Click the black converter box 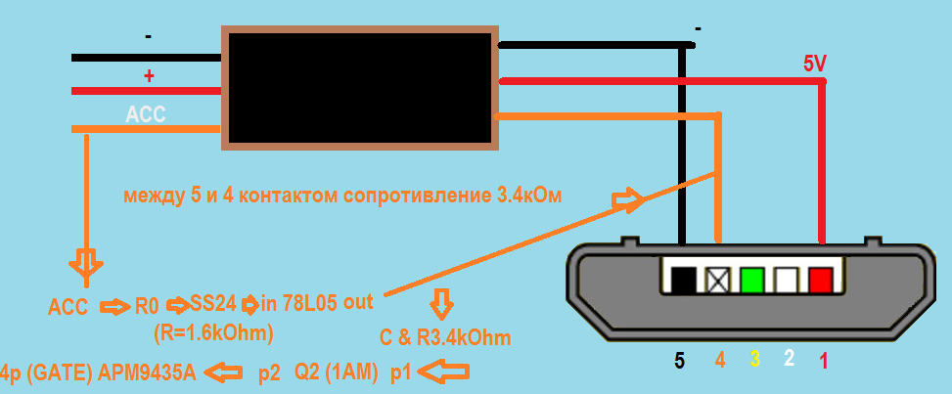tap(358, 88)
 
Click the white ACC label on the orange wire tap(146, 114)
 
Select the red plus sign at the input tap(149, 75)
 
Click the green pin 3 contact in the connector tap(753, 282)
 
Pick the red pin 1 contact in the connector tap(820, 282)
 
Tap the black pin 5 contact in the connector tap(683, 282)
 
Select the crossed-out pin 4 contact tap(718, 282)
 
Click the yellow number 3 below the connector tap(754, 361)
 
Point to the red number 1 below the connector tap(824, 361)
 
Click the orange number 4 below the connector tap(720, 361)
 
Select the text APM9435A tap(148, 373)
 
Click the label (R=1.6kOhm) tap(213, 332)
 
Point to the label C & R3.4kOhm tap(445, 338)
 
